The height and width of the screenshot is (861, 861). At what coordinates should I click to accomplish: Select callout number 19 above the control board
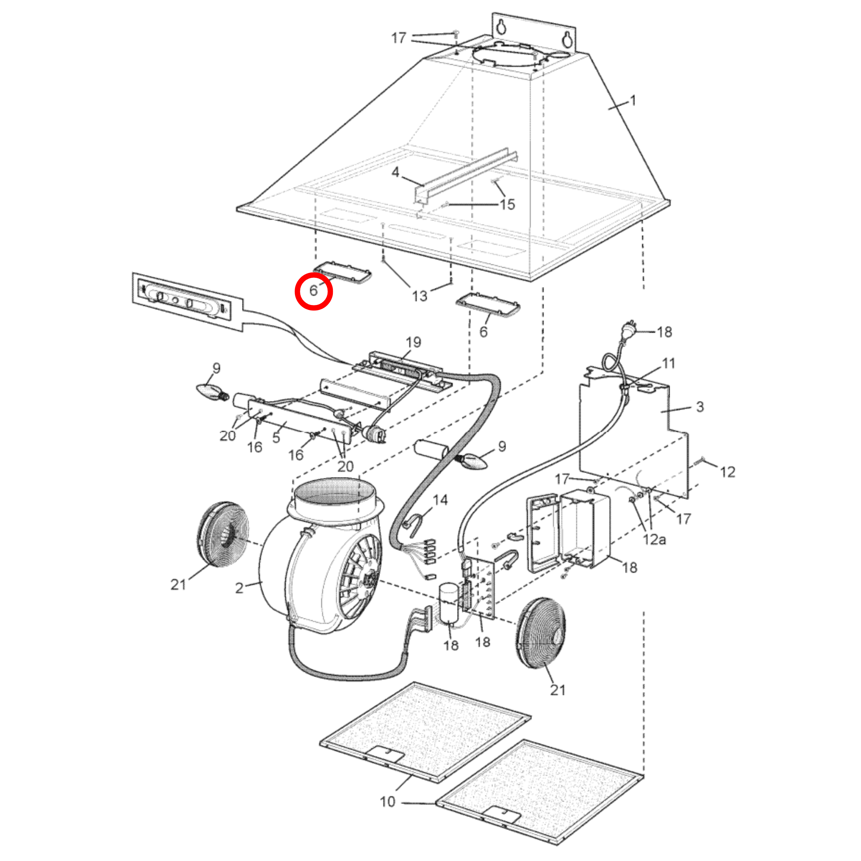(x=413, y=342)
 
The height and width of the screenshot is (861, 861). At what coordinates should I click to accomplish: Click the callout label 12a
(x=654, y=540)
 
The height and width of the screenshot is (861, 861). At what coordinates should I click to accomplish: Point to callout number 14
(x=440, y=500)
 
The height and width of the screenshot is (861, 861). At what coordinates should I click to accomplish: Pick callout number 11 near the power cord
(x=669, y=364)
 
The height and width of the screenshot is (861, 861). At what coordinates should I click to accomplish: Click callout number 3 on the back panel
(x=700, y=407)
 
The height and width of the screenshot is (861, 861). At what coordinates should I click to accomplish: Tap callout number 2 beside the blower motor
(x=239, y=588)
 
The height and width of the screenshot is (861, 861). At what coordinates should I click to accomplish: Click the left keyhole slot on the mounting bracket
(x=501, y=27)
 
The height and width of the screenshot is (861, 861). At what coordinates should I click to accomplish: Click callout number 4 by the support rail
(x=395, y=172)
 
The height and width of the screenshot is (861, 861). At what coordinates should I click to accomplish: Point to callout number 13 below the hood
(x=419, y=296)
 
